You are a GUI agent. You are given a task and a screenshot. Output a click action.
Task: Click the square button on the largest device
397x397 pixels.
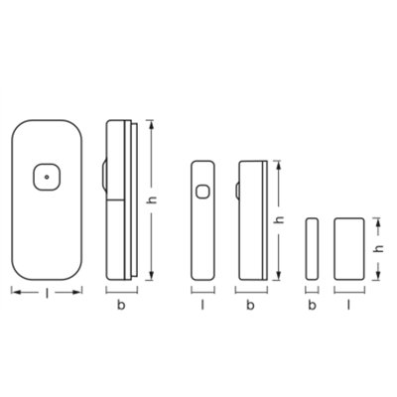[x=45, y=179]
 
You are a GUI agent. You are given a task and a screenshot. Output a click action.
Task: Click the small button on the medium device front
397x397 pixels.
[x=203, y=193]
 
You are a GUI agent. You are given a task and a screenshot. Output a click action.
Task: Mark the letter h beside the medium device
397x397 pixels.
[x=282, y=219]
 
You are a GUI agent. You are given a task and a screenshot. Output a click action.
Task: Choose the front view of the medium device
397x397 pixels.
[x=202, y=218]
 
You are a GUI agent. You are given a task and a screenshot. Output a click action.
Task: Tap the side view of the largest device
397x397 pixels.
[x=120, y=198]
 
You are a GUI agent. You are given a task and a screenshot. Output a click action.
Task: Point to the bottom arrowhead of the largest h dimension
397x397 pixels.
[x=151, y=277]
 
